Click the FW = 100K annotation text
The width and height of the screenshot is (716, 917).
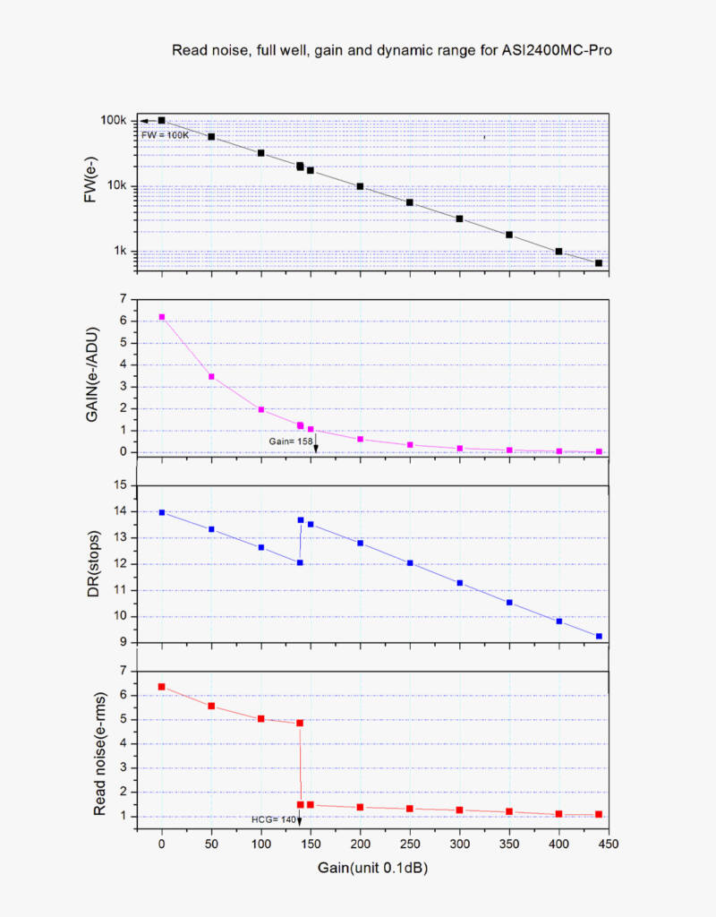pyautogui.click(x=166, y=134)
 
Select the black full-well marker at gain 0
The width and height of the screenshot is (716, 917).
pyautogui.click(x=161, y=120)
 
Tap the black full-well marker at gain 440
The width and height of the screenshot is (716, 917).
pyautogui.click(x=599, y=263)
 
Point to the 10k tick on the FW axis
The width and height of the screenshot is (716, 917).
pyautogui.click(x=117, y=186)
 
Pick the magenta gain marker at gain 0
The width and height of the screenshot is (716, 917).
pyautogui.click(x=161, y=317)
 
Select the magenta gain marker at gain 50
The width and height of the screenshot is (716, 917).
pyautogui.click(x=211, y=377)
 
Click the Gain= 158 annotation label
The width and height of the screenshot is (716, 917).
pyautogui.click(x=290, y=441)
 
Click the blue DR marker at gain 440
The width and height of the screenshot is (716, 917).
pyautogui.click(x=599, y=637)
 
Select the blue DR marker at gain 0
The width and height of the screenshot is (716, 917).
pyautogui.click(x=161, y=512)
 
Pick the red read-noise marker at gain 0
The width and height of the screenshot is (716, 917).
pyautogui.click(x=161, y=687)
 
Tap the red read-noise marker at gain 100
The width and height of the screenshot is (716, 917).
pyautogui.click(x=260, y=719)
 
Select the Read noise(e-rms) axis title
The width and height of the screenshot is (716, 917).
pyautogui.click(x=100, y=753)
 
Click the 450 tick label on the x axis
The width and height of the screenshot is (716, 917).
pyautogui.click(x=609, y=844)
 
